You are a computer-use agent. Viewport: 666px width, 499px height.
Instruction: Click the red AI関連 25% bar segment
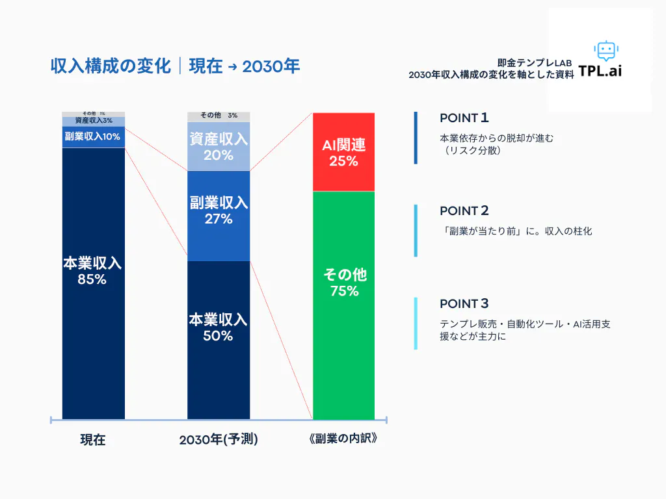pyautogui.click(x=343, y=152)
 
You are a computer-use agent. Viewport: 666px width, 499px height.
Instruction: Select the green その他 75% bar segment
pyautogui.click(x=343, y=305)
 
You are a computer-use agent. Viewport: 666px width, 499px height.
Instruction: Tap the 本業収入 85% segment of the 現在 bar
pyautogui.click(x=93, y=283)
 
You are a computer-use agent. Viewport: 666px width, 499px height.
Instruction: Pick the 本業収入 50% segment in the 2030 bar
pyautogui.click(x=219, y=340)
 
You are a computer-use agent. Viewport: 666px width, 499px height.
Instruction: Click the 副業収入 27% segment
pyautogui.click(x=219, y=216)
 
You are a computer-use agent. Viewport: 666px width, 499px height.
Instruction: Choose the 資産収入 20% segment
pyautogui.click(x=219, y=146)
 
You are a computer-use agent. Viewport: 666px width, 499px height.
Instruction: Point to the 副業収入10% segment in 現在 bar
pyautogui.click(x=93, y=137)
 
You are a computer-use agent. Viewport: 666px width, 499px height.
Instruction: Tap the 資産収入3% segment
pyautogui.click(x=93, y=121)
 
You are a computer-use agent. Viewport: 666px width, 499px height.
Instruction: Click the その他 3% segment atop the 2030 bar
pyautogui.click(x=219, y=116)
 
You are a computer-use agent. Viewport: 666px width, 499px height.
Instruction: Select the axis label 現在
pyautogui.click(x=92, y=440)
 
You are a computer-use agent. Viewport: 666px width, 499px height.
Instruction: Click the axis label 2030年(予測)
pyautogui.click(x=219, y=440)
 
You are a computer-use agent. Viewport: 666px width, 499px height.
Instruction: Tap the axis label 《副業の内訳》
pyautogui.click(x=343, y=439)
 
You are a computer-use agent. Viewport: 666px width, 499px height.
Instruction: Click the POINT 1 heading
pyautogui.click(x=464, y=118)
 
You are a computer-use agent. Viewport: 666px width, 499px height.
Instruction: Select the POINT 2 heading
pyautogui.click(x=464, y=211)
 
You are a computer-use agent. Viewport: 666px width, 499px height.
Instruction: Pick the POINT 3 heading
pyautogui.click(x=464, y=303)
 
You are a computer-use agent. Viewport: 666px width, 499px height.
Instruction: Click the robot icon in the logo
pyautogui.click(x=605, y=51)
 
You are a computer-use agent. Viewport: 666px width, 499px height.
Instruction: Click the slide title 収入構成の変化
pyautogui.click(x=111, y=66)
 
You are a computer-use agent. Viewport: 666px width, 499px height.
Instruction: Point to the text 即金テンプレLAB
pyautogui.click(x=534, y=63)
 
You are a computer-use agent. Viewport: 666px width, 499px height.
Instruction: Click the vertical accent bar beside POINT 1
pyautogui.click(x=416, y=138)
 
